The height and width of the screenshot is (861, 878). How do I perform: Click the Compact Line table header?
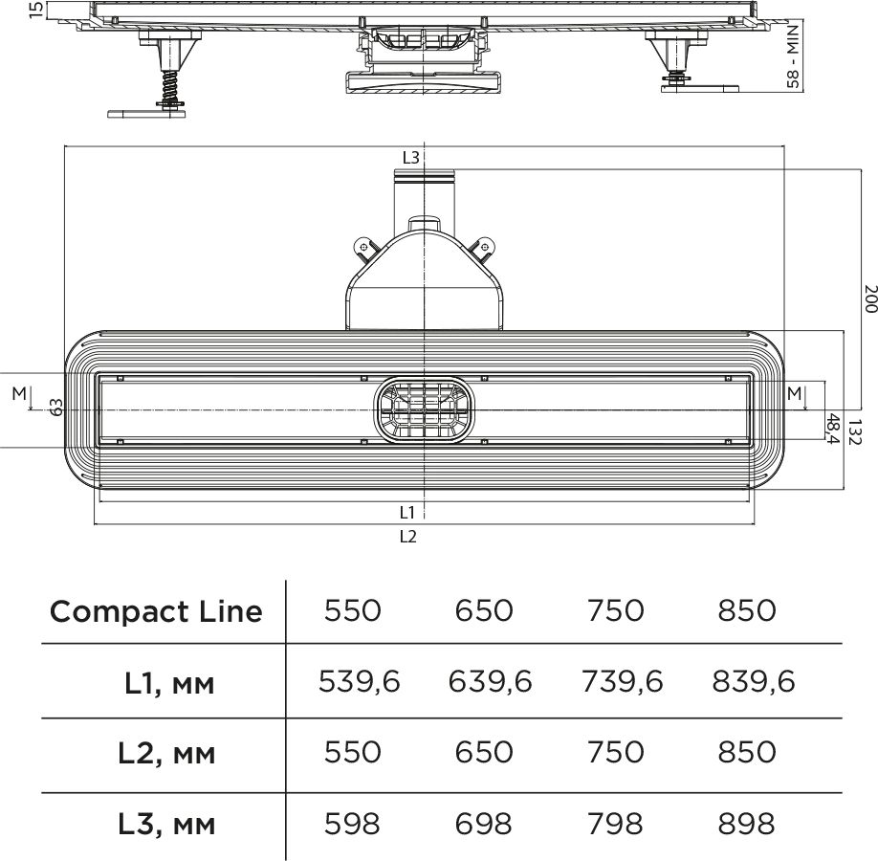click(156, 611)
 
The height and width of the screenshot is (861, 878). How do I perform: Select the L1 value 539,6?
click(359, 682)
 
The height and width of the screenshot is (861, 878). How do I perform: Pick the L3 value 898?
click(746, 824)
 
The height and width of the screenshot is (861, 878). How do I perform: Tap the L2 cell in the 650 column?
click(483, 752)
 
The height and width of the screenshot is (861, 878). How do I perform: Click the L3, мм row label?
click(166, 825)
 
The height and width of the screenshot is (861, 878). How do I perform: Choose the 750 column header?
click(615, 610)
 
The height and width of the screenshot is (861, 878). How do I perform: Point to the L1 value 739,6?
click(622, 682)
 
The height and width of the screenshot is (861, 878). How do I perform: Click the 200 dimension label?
click(870, 298)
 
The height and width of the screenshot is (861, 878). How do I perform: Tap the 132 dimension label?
click(853, 431)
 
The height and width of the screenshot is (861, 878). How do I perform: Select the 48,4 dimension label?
click(833, 429)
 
